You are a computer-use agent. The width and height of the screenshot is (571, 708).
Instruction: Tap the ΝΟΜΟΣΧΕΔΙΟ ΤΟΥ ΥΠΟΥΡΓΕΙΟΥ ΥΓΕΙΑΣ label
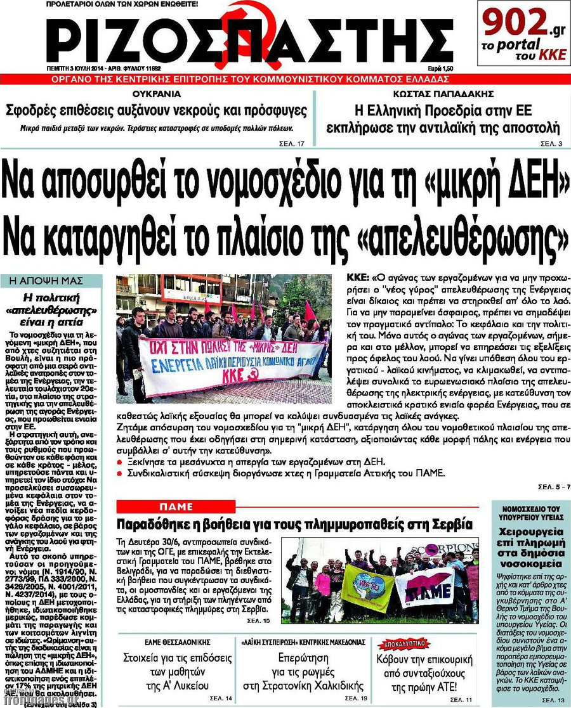point(526,513)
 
